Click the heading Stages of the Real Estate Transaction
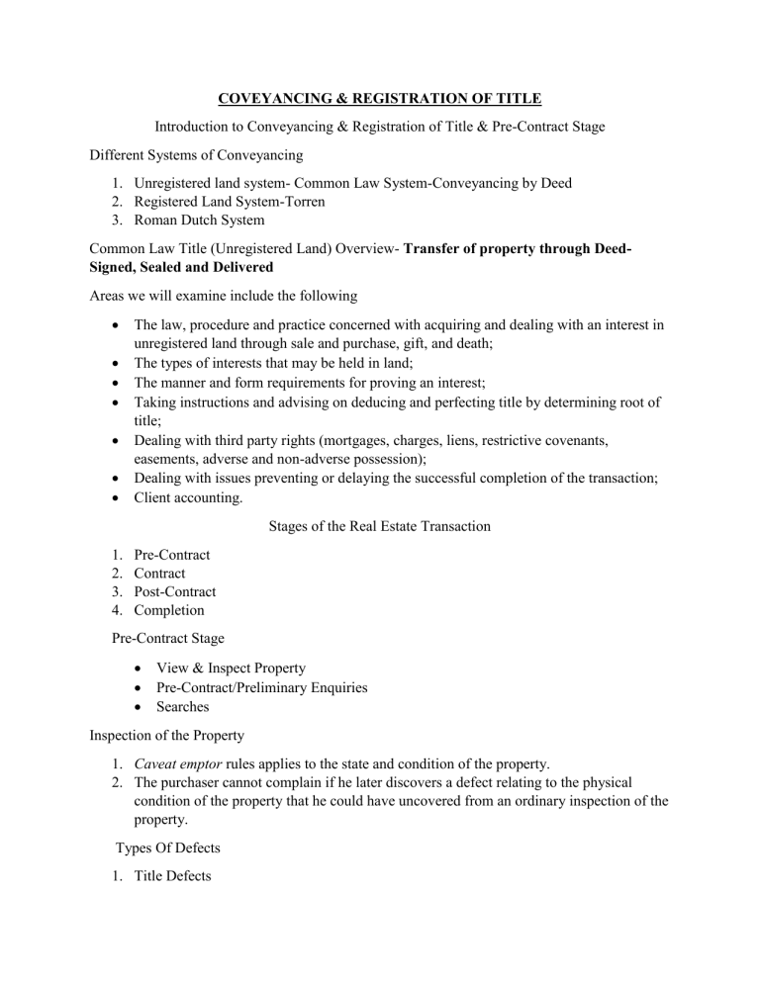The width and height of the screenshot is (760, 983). coord(379,526)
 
